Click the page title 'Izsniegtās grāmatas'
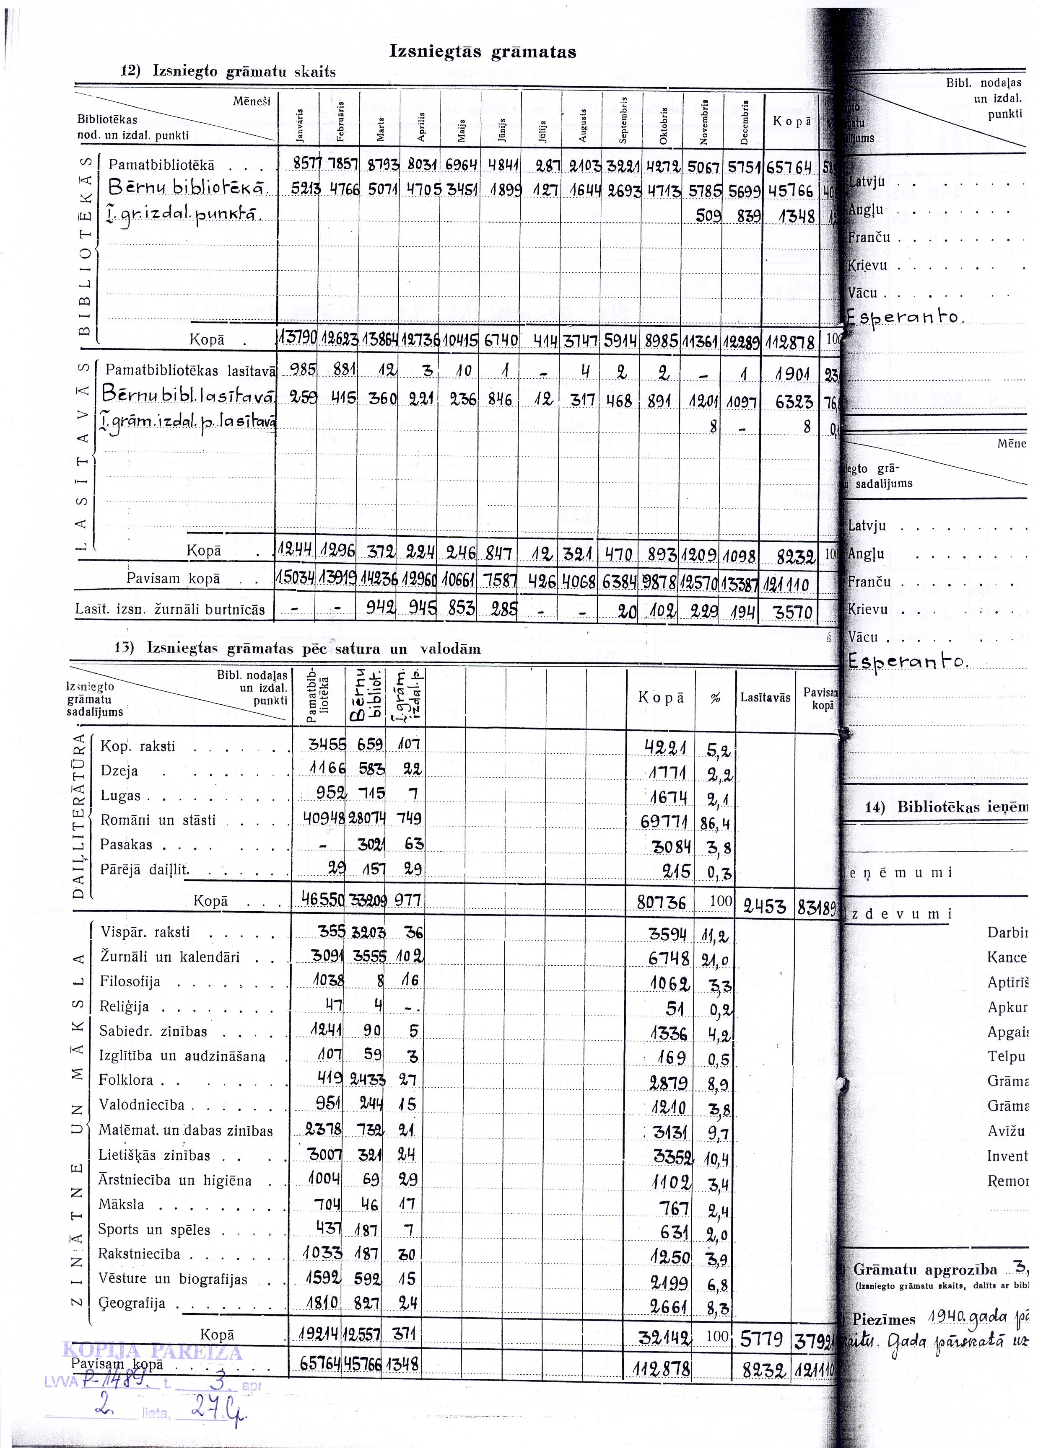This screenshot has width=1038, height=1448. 482,52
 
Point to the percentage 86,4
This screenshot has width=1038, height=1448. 716,824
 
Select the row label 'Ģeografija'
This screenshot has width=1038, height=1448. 132,1303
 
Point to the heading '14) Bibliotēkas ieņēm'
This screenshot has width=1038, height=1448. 945,807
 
